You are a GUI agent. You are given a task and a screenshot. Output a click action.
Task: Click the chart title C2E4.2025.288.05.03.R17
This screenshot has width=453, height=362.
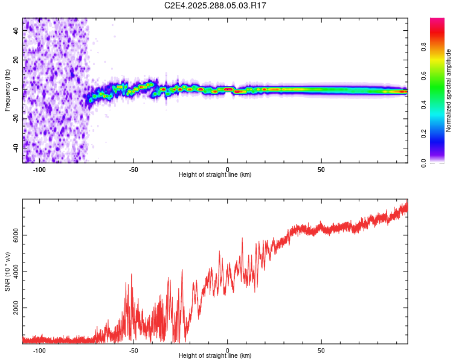tap(216, 5)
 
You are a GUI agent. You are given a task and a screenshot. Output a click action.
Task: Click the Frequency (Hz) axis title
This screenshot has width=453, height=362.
tap(7, 91)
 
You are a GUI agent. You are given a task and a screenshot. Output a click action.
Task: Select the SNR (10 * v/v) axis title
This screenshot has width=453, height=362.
tap(7, 271)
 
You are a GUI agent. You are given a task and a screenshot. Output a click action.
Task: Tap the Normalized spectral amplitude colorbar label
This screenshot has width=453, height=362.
tap(449, 91)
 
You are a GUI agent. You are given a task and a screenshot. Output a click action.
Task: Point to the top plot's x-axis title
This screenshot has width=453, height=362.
tap(215, 175)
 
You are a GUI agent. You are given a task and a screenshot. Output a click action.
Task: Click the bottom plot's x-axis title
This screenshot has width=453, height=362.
tap(215, 355)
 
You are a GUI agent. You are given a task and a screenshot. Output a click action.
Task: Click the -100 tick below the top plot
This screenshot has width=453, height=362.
tap(40, 170)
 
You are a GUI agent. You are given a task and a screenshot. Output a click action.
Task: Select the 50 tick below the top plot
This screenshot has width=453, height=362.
tap(321, 170)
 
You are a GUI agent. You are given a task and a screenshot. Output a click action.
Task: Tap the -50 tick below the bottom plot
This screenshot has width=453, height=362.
tap(133, 350)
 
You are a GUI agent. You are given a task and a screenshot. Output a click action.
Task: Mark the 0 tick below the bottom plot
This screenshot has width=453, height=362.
tap(228, 350)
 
